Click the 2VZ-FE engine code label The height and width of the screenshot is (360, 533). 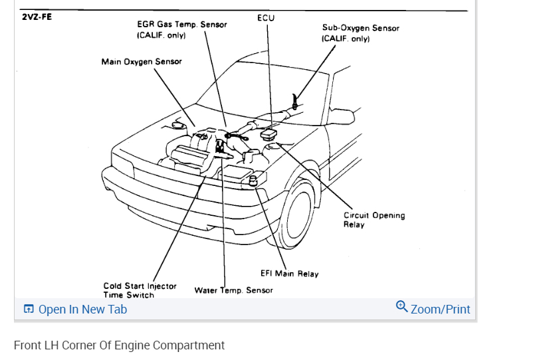click(x=37, y=17)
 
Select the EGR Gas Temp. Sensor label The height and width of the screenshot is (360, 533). click(x=181, y=29)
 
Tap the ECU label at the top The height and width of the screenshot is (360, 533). click(x=265, y=18)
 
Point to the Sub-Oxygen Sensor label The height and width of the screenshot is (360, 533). click(x=360, y=33)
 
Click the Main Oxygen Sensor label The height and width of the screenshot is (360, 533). click(x=141, y=62)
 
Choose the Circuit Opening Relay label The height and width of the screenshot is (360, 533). click(x=373, y=220)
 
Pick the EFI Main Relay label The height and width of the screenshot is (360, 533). click(x=289, y=274)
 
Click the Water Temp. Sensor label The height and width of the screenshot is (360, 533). click(x=233, y=290)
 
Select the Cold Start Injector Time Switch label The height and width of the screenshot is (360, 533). click(x=140, y=290)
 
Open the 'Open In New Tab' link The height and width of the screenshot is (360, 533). click(x=82, y=310)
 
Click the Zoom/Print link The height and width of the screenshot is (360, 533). click(x=440, y=310)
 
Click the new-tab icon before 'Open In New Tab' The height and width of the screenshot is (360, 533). click(x=29, y=310)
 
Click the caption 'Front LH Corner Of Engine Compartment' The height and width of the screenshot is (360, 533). click(x=119, y=345)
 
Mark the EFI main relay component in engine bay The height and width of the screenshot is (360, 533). click(x=253, y=181)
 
